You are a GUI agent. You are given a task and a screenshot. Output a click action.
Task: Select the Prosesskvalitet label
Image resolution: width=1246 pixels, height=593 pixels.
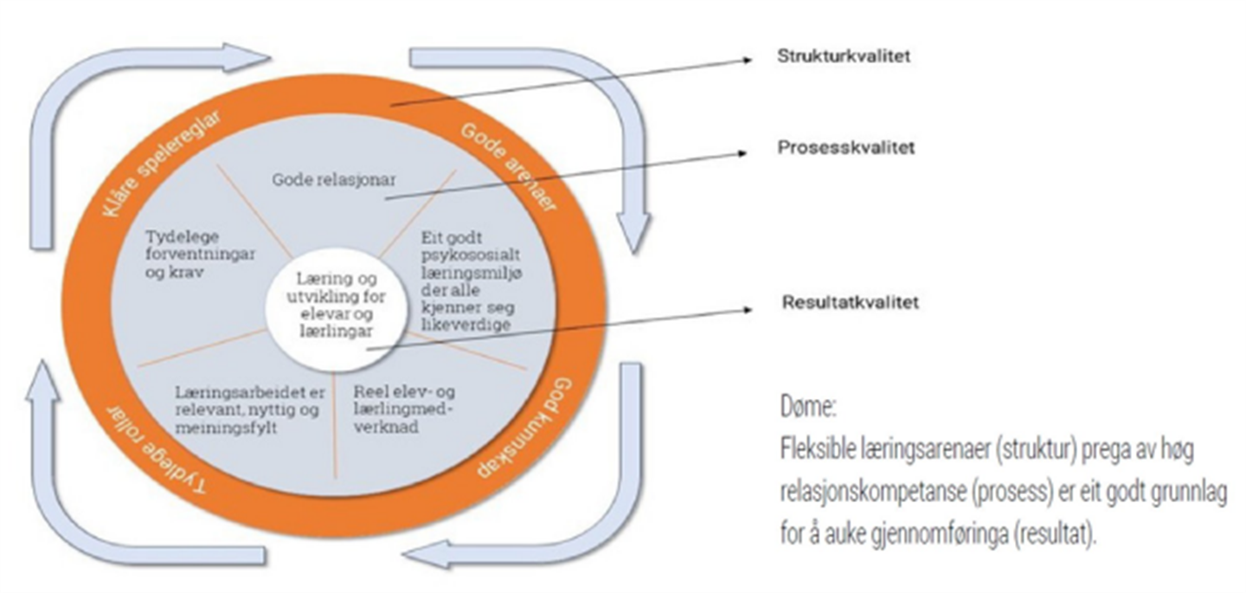(845, 148)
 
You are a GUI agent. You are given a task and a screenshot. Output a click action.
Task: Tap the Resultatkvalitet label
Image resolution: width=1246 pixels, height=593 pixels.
(850, 303)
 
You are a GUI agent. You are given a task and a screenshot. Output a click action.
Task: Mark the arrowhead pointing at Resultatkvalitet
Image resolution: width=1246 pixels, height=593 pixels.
(747, 309)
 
